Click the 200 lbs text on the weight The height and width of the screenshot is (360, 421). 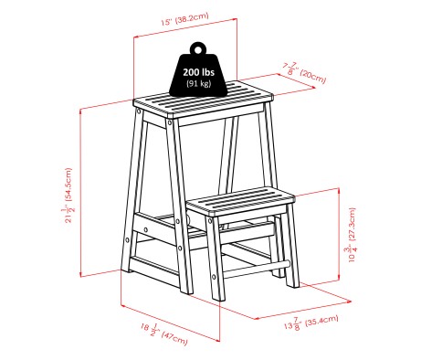point(200,71)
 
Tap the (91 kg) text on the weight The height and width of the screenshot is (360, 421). point(199,84)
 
